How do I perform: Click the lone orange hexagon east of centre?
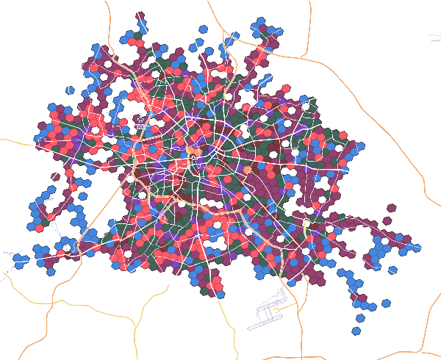(247, 170)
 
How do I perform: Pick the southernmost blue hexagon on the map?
(356, 331)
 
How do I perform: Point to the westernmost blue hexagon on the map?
(18, 259)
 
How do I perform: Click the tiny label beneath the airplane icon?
(140, 127)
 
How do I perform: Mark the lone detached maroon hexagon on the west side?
(55, 176)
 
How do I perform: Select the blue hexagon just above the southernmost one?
(361, 318)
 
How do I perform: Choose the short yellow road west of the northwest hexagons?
(15, 140)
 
